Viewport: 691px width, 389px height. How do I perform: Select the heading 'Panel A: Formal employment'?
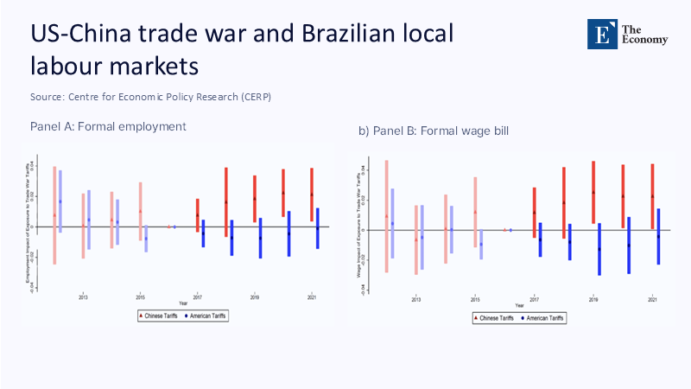[108, 126]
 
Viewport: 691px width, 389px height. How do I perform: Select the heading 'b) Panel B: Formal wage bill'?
[434, 131]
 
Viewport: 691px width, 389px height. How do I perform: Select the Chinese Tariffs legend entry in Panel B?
[494, 318]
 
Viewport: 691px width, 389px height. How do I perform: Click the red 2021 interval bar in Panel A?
[312, 194]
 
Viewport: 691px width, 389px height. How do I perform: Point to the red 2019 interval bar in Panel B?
[593, 192]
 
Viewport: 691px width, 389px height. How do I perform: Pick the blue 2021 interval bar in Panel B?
[658, 236]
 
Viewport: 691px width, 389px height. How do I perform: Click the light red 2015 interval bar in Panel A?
[140, 211]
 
